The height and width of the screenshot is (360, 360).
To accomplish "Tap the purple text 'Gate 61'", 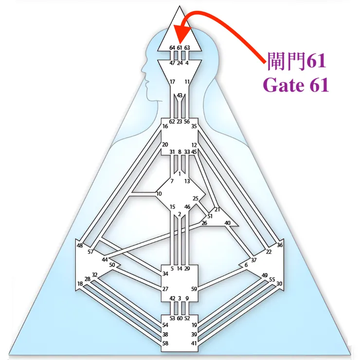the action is [x=296, y=85].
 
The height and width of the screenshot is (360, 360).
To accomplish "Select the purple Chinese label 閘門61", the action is [x=297, y=61].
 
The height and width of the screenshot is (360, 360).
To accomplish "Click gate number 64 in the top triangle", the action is [x=172, y=48].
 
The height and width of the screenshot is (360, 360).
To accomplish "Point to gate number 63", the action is [x=187, y=48].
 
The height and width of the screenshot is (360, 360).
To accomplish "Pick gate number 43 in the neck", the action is [x=180, y=95].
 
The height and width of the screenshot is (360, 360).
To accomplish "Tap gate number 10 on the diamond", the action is [x=159, y=194].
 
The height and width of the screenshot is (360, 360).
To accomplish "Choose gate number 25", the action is [x=196, y=198].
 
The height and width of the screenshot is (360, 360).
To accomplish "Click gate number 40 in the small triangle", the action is [x=227, y=223].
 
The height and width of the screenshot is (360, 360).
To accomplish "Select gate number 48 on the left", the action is [x=79, y=246].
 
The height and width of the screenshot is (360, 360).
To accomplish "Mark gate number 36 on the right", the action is [x=279, y=245].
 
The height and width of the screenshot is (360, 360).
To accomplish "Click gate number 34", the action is [x=165, y=274].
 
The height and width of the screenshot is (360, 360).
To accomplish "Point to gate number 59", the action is [x=194, y=289].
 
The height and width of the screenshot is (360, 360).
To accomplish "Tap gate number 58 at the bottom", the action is [x=165, y=343].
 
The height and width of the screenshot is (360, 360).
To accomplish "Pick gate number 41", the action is [x=194, y=343].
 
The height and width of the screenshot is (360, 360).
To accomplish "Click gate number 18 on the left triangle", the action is [x=80, y=284].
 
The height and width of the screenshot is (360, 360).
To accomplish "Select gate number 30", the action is [x=279, y=284].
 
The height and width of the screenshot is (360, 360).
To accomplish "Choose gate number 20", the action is [x=165, y=145].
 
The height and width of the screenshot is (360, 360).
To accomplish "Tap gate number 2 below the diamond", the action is [x=180, y=214].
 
